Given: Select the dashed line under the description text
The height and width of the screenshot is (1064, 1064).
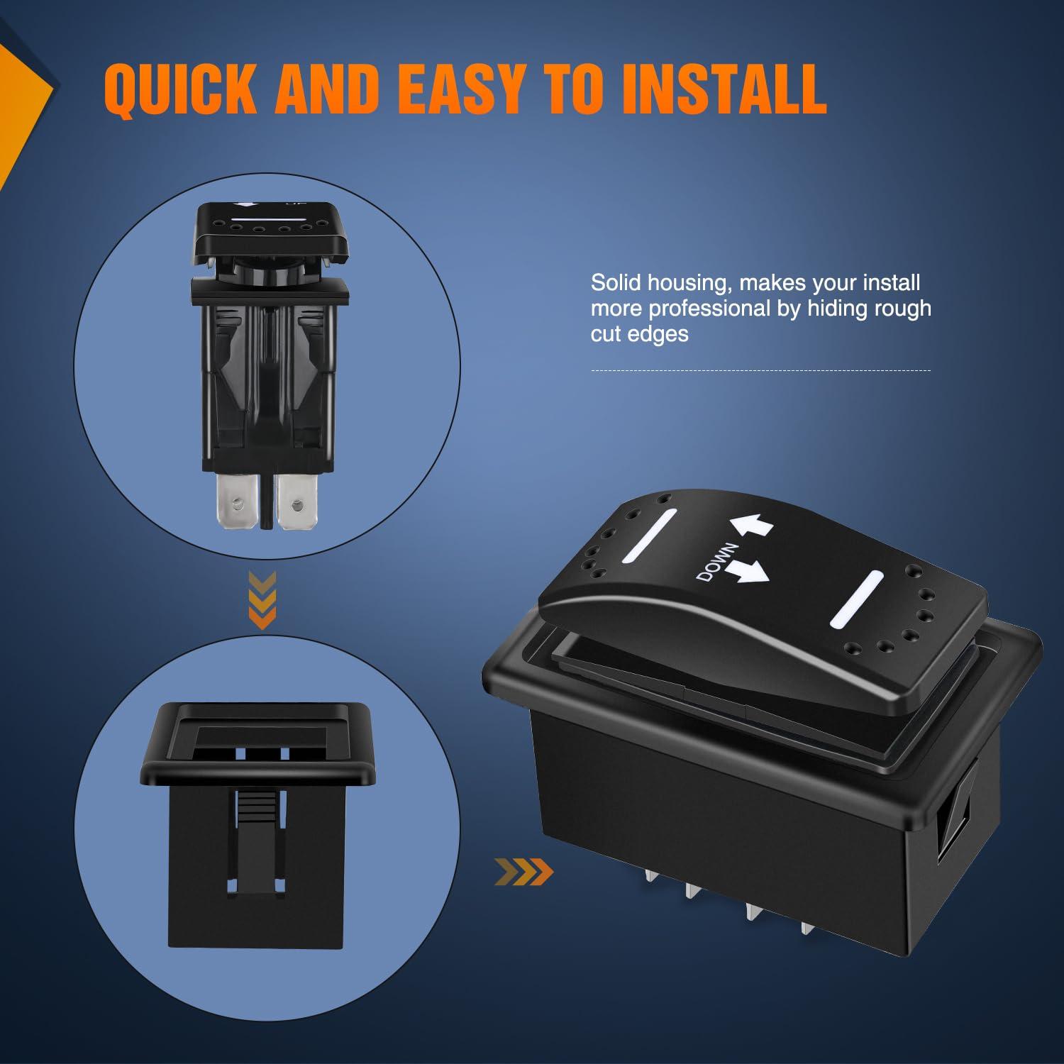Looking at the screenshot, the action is point(760,370).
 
